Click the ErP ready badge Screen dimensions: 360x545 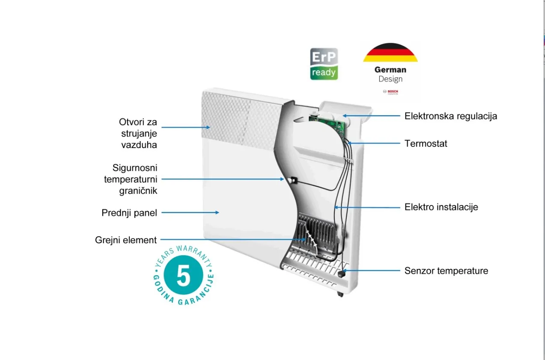[x=324, y=64]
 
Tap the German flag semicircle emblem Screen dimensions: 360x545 [x=390, y=53]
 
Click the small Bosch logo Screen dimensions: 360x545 [x=390, y=92]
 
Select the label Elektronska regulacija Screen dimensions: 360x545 [x=451, y=116]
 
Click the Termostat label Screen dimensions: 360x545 [x=426, y=143]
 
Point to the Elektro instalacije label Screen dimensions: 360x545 [x=441, y=207]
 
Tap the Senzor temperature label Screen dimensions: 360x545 [x=446, y=271]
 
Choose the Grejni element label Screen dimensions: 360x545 [x=126, y=240]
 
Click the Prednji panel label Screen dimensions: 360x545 [x=129, y=213]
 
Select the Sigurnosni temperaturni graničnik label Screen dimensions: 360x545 [x=131, y=179]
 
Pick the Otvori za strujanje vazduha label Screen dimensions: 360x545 [x=138, y=133]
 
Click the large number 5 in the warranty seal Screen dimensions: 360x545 [x=183, y=276]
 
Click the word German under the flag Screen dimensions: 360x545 [x=390, y=69]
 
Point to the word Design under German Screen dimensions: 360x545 [x=390, y=79]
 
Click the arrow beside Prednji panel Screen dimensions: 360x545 [x=190, y=212]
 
